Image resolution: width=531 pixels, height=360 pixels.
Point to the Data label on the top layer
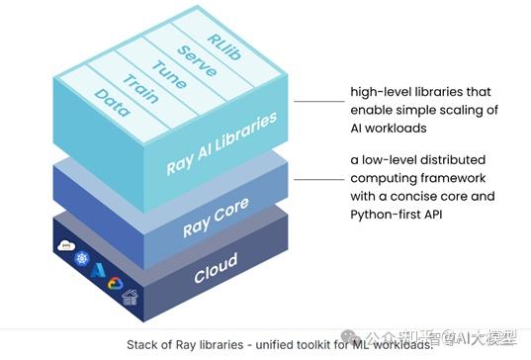(111, 105)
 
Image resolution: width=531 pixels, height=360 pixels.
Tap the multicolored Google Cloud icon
(113, 284)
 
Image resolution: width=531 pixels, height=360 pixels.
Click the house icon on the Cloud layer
(130, 297)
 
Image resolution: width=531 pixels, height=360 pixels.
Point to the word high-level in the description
(379, 92)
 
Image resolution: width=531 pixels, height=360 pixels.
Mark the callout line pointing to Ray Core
(319, 178)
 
